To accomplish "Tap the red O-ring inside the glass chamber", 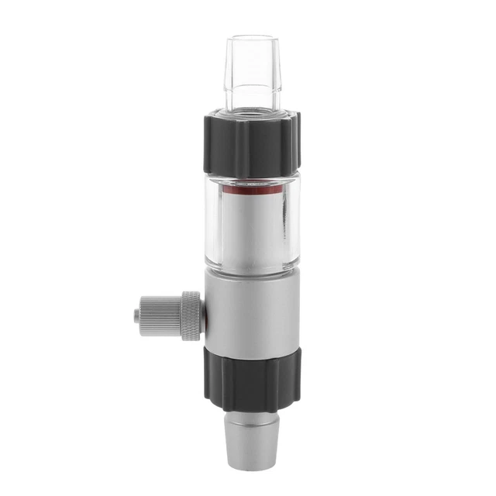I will (x=249, y=188).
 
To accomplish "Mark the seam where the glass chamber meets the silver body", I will (x=249, y=269).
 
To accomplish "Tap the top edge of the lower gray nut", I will (x=249, y=348).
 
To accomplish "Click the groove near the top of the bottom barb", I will (x=249, y=415).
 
